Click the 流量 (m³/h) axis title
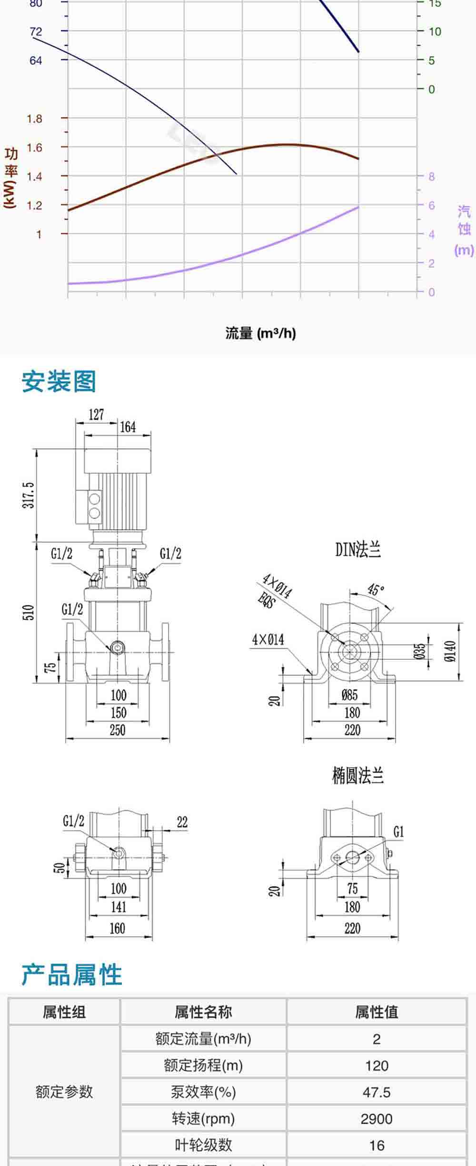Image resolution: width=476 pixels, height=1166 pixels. point(260,333)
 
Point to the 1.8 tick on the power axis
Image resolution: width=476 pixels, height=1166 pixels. point(34,119)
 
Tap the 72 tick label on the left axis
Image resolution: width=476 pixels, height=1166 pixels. point(36,32)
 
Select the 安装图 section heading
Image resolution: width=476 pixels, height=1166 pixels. point(59,382)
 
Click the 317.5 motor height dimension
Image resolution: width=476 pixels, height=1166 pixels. point(29,495)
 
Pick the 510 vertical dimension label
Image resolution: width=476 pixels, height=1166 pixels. point(29,612)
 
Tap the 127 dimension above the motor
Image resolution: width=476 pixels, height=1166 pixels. point(96,414)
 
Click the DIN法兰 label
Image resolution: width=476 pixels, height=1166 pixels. point(358,550)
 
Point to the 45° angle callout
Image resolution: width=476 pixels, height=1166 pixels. point(376,590)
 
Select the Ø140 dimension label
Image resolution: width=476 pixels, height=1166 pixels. point(450,651)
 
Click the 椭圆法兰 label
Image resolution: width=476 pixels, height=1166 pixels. point(358,776)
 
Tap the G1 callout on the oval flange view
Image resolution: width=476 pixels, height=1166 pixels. point(398,832)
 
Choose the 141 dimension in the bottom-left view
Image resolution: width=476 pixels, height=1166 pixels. point(119,906)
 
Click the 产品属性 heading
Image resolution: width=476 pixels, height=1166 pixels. point(71,975)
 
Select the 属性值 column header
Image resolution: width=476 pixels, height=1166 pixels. point(376,1012)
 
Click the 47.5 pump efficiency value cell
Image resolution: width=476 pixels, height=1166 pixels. point(376,1092)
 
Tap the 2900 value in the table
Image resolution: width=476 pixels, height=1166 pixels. point(376,1118)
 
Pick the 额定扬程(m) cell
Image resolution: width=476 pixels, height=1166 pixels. point(203,1065)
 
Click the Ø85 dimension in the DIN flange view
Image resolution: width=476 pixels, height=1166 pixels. point(349,695)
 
